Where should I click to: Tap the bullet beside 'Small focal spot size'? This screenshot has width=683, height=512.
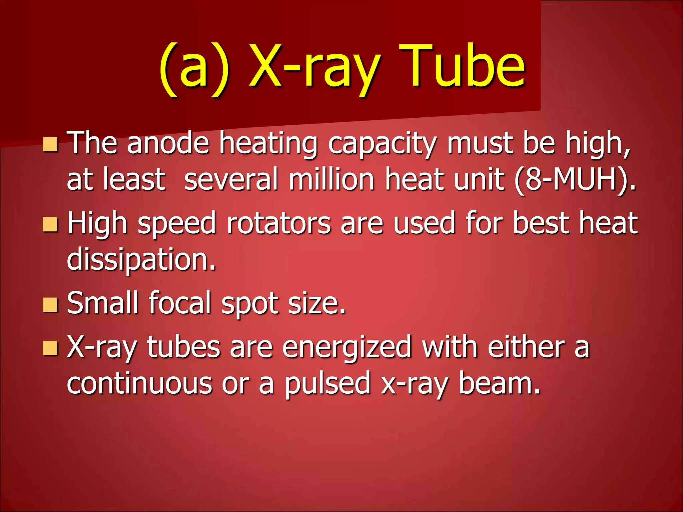[x=50, y=304]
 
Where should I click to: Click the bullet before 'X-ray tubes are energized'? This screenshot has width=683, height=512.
[x=50, y=348]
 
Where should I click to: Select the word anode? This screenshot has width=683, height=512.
[x=168, y=143]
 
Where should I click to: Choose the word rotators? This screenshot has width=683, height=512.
[x=279, y=223]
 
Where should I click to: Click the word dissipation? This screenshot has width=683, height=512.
[x=141, y=260]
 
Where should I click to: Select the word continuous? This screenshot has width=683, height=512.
[x=139, y=383]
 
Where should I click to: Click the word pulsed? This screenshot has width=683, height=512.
[x=327, y=383]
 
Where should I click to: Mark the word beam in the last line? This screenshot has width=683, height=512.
[x=499, y=383]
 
